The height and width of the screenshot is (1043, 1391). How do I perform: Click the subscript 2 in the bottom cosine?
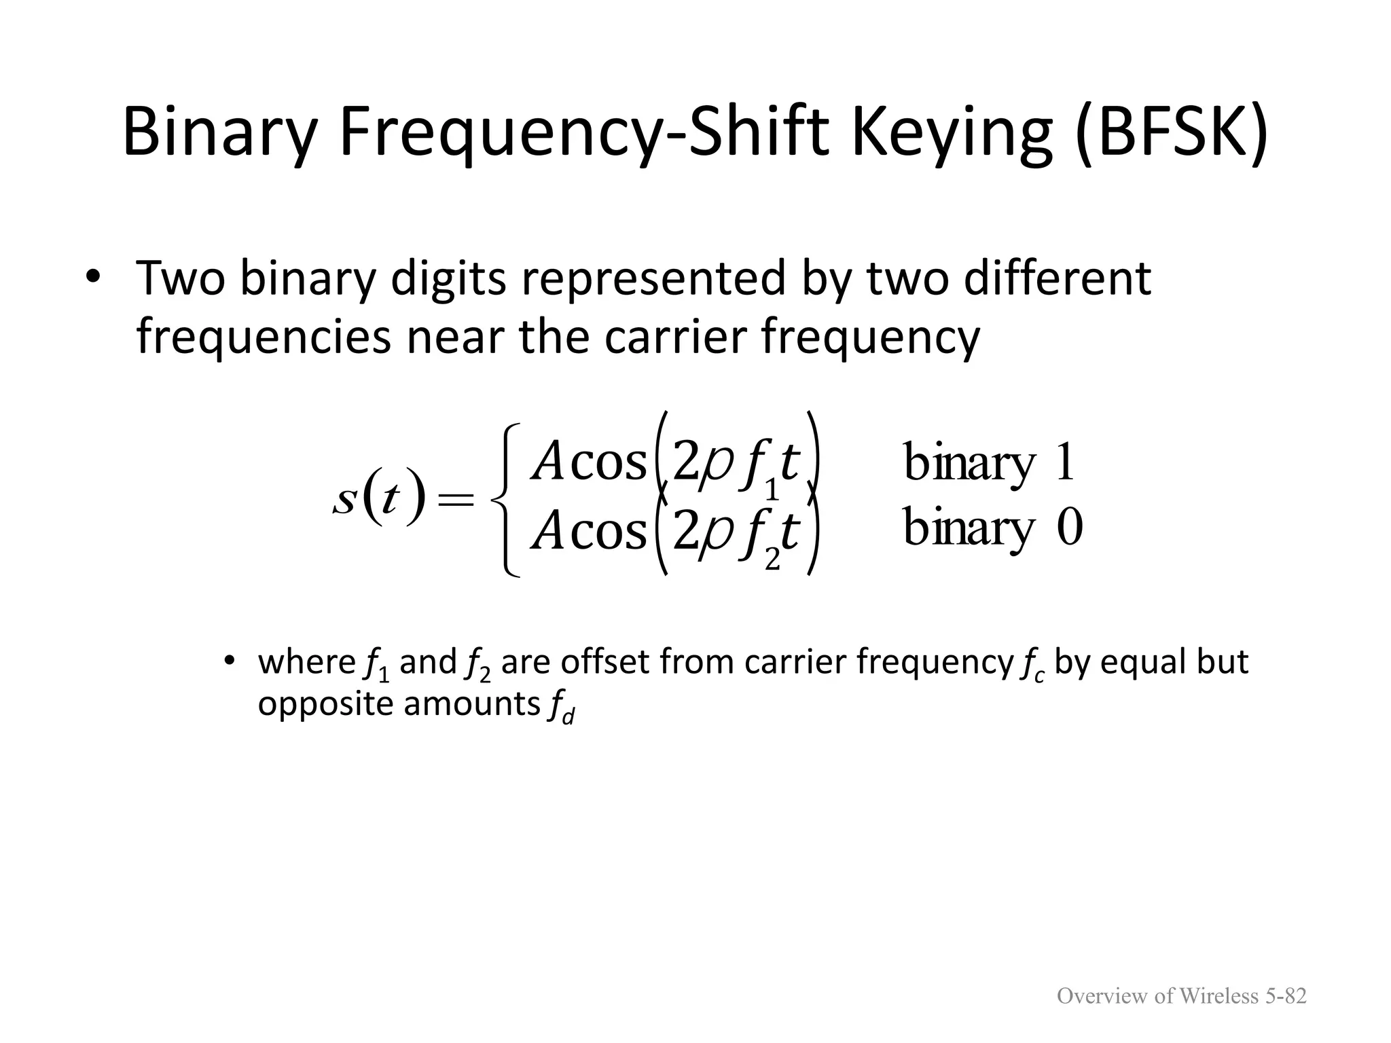772,560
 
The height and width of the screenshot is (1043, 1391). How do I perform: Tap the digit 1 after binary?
1064,463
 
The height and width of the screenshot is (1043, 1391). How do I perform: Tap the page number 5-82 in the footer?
1285,996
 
